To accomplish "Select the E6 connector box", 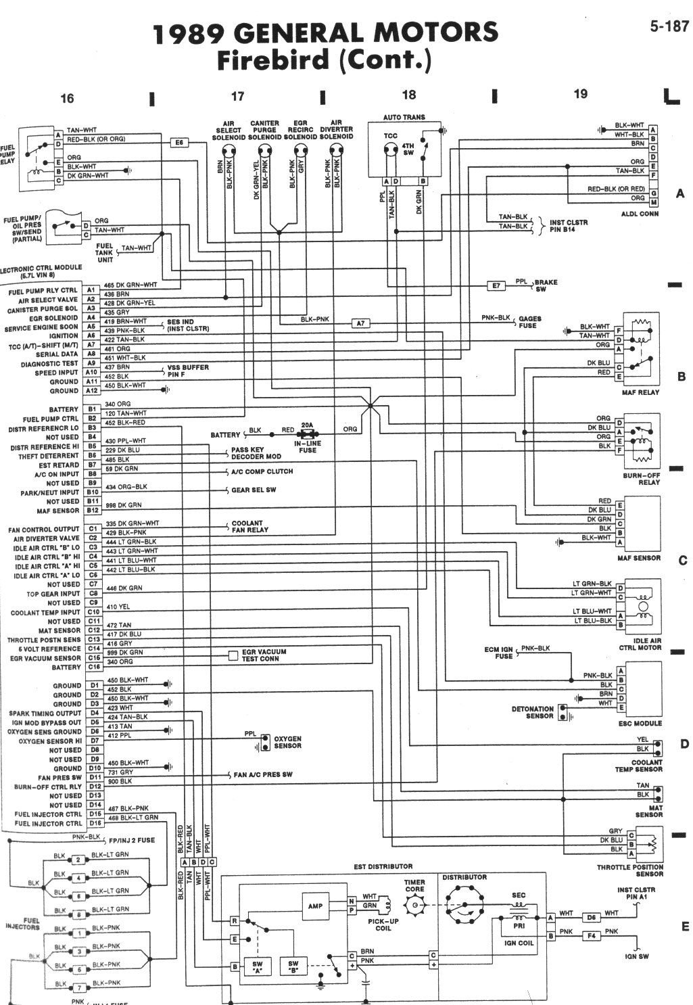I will pos(180,143).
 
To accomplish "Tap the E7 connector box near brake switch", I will pos(496,286).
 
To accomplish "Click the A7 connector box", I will pos(361,323).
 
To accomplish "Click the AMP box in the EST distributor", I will pos(315,905).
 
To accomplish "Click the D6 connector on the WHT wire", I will pos(590,918).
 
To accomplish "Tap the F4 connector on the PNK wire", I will pos(590,936).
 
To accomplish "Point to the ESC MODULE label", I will pos(642,723).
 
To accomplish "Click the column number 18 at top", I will pos(408,95).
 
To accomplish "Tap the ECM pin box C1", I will pos(93,529).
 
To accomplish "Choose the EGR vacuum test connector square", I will pos(233,655).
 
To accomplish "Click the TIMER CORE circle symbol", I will pos(416,906).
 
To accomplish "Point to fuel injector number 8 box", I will pos(78,914).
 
